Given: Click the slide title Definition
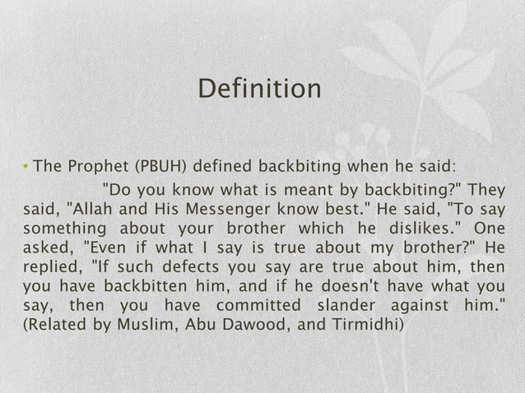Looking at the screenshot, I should pyautogui.click(x=261, y=88).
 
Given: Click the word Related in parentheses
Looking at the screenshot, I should pyautogui.click(x=53, y=326).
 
